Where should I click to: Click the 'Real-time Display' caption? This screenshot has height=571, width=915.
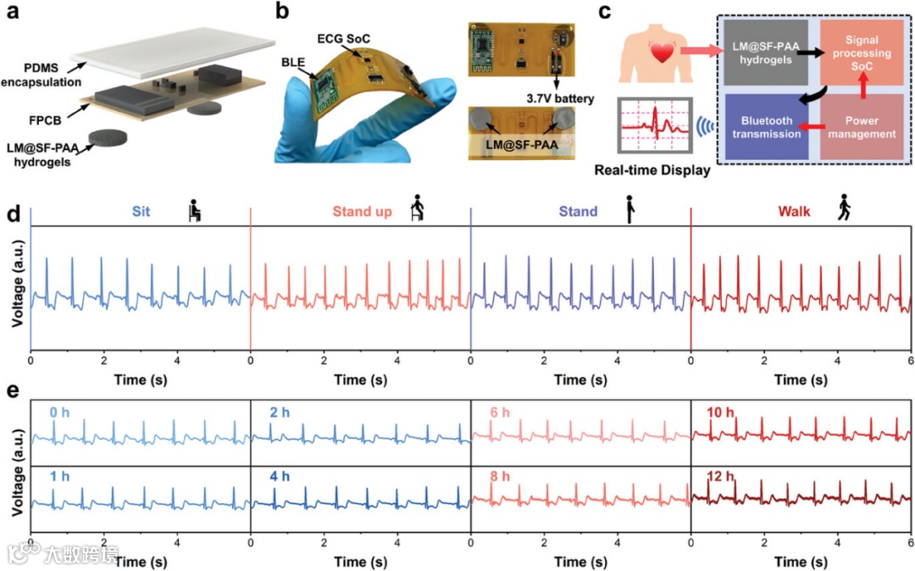tap(664, 169)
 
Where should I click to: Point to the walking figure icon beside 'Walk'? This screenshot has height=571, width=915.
tap(843, 208)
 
